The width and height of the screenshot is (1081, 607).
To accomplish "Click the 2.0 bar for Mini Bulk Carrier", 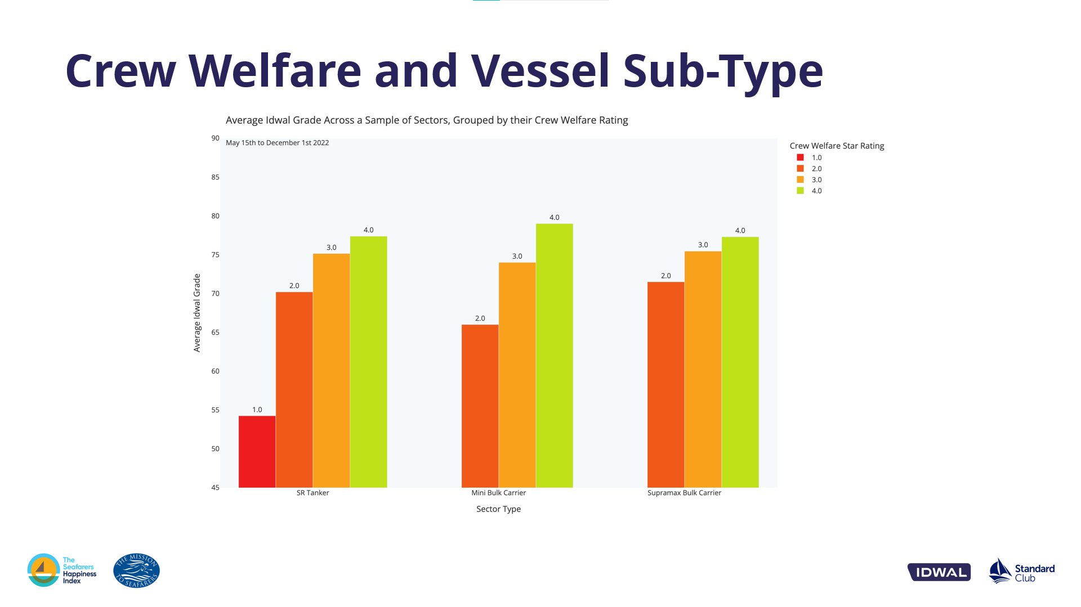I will point(480,406).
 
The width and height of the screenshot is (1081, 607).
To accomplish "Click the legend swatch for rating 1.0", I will point(800,158).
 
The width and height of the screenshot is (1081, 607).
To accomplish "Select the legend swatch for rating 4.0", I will point(800,191).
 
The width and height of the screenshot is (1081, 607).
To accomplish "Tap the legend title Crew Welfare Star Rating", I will point(837,146).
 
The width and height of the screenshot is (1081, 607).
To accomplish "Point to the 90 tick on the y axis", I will point(215,138).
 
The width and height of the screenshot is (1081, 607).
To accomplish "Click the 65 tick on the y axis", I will point(215,332).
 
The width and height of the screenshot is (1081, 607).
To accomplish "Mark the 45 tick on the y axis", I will point(215,488).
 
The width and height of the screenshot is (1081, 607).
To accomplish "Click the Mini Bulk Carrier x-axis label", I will point(498,493).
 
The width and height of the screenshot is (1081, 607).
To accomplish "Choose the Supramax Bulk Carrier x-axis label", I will point(684,493).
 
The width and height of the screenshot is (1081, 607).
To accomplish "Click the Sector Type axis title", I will point(498,509).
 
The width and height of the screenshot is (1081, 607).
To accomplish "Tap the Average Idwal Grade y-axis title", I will point(197,313).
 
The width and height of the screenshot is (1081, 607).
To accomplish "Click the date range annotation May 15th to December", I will point(277,143).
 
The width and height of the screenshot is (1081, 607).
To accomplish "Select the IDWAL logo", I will point(939,572).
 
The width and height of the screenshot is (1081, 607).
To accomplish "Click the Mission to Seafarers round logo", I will point(136,570).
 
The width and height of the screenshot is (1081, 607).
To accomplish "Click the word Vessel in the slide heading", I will point(540,71).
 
